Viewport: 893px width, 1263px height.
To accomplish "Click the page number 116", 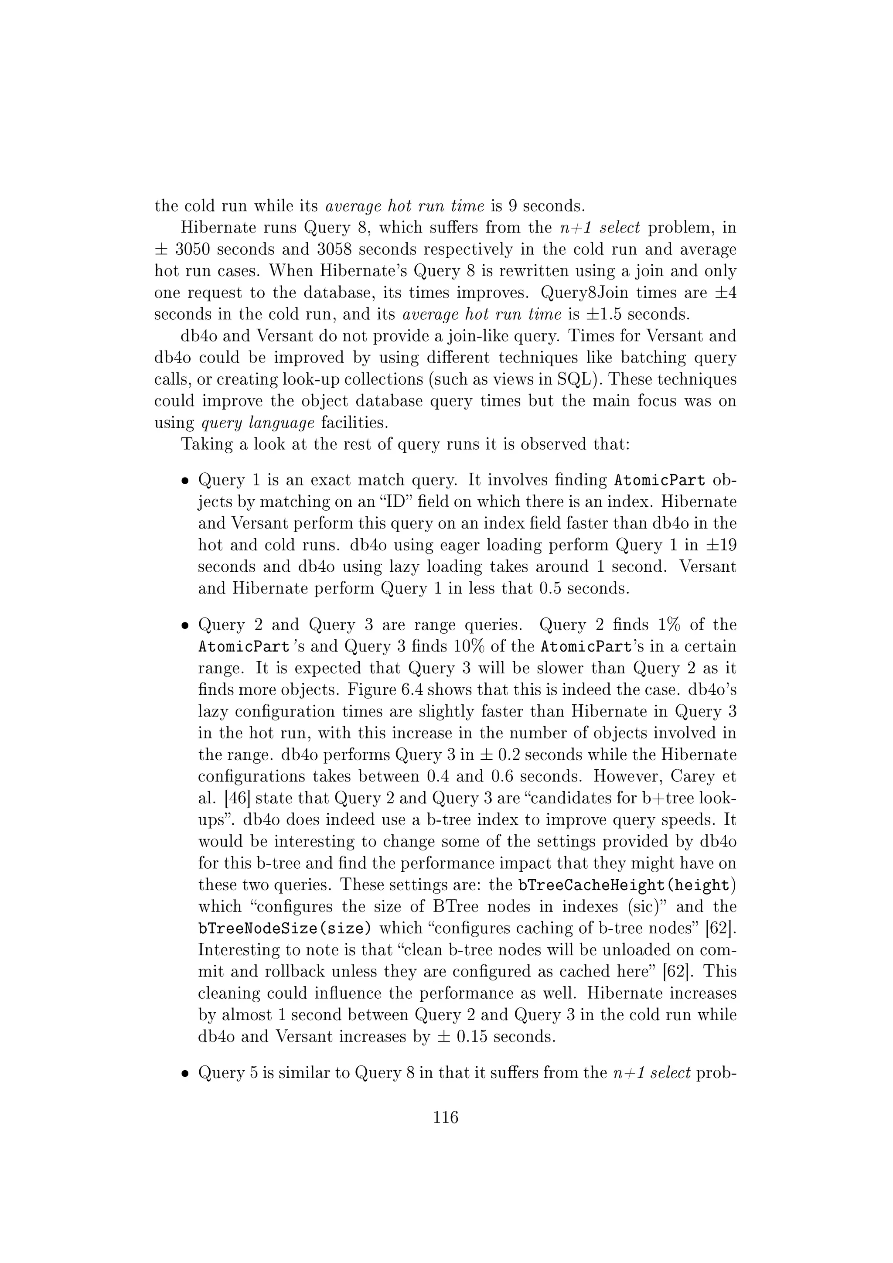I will tap(445, 1117).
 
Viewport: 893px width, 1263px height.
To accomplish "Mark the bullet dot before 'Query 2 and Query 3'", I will tap(186, 626).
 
